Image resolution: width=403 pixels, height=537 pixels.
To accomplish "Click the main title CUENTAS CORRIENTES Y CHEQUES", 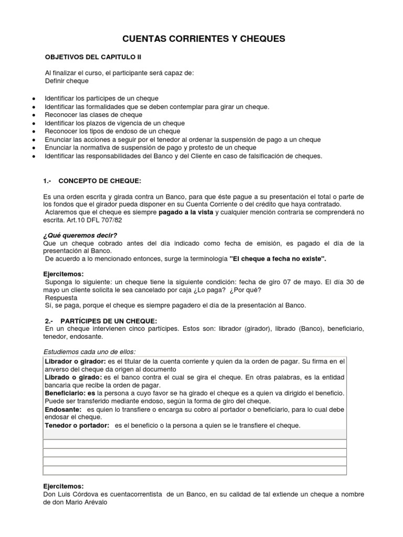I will tap(204, 38).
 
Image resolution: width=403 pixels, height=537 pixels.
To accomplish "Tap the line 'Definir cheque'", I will tap(67, 81).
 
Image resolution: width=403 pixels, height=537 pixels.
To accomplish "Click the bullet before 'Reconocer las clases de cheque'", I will tap(34, 115).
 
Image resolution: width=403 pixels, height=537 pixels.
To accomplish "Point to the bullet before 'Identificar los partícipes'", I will tap(34, 99).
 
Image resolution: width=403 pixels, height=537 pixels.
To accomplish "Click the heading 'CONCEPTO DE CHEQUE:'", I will tap(100, 181).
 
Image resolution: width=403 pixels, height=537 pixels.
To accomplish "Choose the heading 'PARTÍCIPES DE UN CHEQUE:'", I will tap(109, 320).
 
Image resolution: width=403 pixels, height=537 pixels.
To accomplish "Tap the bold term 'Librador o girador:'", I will tap(75, 361).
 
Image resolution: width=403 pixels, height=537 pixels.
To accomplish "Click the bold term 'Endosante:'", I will tap(62, 409).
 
